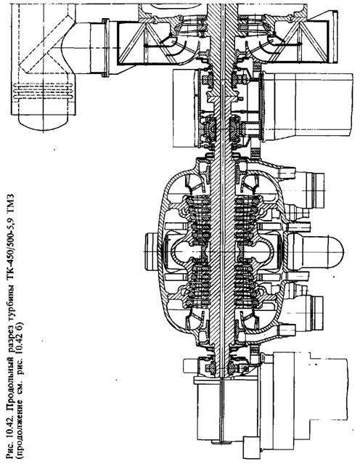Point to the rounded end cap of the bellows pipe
pos(44,123)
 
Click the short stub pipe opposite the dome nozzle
pos(151,251)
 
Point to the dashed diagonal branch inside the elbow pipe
pos(44,45)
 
